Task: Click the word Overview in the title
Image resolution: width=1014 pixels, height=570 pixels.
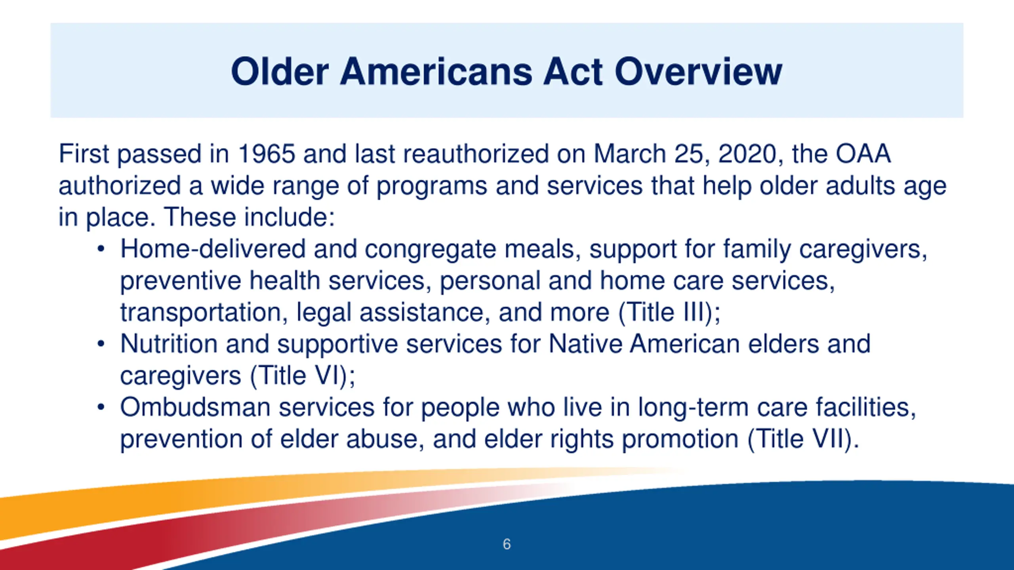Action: [698, 72]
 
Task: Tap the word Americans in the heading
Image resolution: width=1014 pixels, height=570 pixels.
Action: [436, 72]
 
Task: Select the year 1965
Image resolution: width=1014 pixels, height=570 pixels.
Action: [267, 154]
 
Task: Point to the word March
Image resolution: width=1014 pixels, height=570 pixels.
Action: [629, 154]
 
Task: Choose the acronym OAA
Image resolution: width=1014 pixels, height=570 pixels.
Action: [863, 154]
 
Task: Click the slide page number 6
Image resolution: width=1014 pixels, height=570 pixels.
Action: [507, 544]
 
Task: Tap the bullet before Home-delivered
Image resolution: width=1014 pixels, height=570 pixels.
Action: [101, 249]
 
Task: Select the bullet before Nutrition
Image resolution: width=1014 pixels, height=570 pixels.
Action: [101, 344]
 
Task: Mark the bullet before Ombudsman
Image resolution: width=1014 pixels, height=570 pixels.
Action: [101, 407]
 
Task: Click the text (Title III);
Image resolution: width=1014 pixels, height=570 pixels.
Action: [669, 313]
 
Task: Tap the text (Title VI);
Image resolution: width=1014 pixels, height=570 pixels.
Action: [303, 376]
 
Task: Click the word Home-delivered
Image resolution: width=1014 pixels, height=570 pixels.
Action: [213, 249]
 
